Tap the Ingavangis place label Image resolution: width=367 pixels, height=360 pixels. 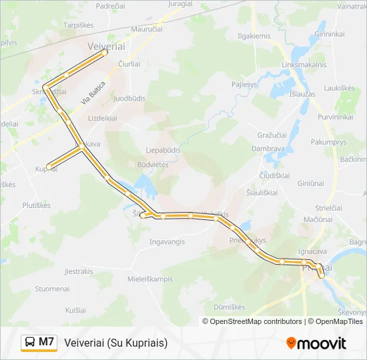pyautogui.click(x=166, y=241)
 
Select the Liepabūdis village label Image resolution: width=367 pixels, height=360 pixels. pyautogui.click(x=163, y=150)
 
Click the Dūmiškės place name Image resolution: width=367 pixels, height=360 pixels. pyautogui.click(x=229, y=307)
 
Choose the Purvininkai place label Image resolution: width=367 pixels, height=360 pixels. pyautogui.click(x=335, y=117)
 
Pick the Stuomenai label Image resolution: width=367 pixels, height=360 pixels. pyautogui.click(x=52, y=289)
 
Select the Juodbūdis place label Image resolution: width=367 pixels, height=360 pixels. pyautogui.click(x=129, y=98)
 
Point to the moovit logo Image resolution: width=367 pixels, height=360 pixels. pyautogui.click(x=316, y=343)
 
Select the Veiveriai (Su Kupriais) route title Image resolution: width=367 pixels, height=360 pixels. pyautogui.click(x=116, y=343)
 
